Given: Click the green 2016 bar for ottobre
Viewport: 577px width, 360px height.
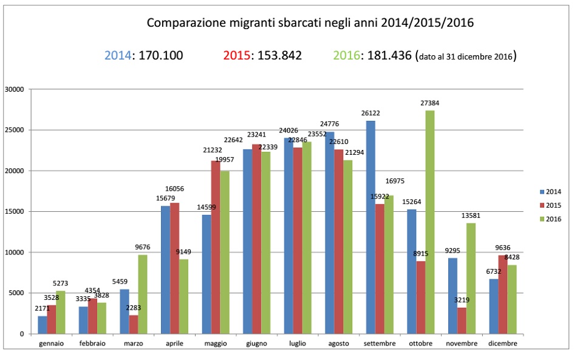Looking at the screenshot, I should [430, 222].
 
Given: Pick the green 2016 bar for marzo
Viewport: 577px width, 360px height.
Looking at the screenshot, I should [143, 294].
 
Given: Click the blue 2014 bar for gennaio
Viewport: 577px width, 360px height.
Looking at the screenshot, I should [42, 325].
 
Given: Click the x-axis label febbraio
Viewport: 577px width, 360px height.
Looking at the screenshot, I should [92, 344].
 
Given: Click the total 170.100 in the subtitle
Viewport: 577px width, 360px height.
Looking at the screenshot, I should [160, 56].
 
